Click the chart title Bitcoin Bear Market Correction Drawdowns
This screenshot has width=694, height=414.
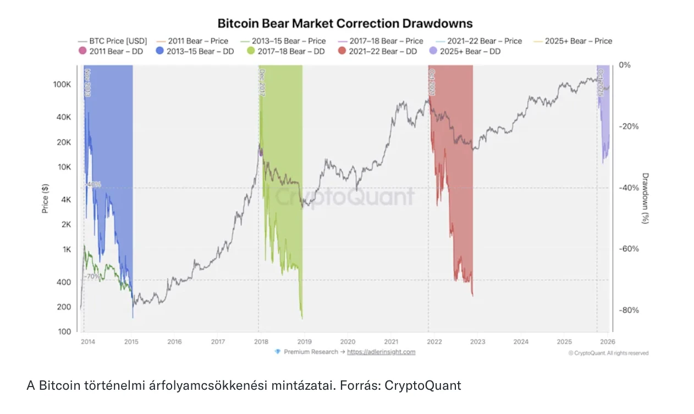click(x=345, y=24)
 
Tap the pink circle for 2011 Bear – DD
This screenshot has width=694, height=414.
click(x=83, y=51)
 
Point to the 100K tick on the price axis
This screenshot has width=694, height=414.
click(x=62, y=85)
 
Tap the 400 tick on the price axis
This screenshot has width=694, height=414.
click(x=64, y=282)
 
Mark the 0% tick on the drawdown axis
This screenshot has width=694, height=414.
click(x=625, y=65)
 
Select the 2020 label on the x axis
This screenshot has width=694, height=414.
click(x=348, y=341)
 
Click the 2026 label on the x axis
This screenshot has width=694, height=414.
click(x=607, y=341)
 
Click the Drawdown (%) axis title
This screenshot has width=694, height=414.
click(x=646, y=198)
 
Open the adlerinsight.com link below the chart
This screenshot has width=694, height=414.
click(x=381, y=352)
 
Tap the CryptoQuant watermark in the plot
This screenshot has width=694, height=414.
click(x=344, y=197)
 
